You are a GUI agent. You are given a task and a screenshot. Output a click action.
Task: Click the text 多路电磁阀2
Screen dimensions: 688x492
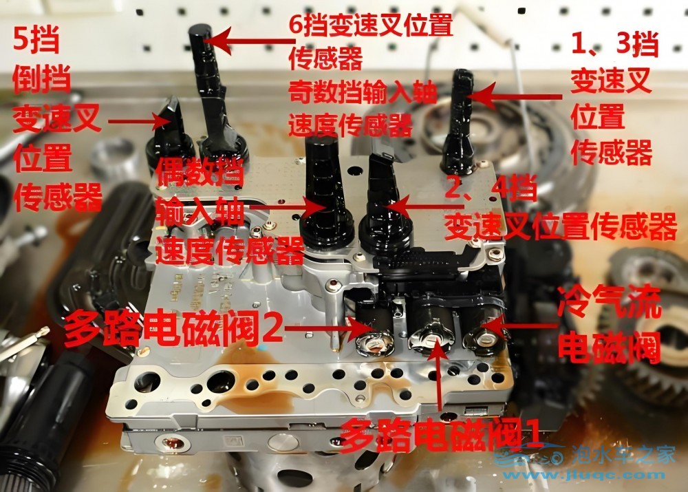(173, 328)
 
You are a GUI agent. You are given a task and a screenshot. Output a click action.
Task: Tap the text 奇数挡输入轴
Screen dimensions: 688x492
(363, 93)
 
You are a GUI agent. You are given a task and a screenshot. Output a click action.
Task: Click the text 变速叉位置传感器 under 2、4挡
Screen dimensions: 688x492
(560, 226)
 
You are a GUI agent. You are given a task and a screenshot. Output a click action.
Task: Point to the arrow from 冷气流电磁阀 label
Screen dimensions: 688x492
(520, 325)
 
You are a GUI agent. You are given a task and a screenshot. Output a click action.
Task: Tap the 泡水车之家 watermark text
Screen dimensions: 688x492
(623, 455)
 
